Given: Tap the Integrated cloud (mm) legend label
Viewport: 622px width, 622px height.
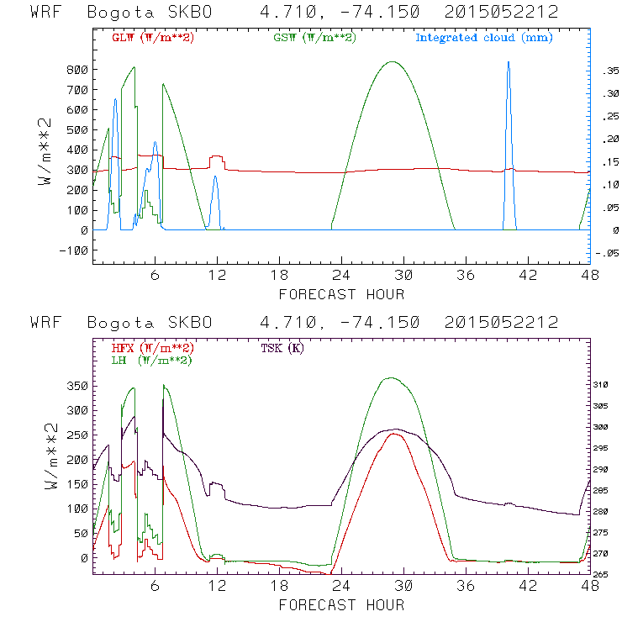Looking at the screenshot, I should (484, 38).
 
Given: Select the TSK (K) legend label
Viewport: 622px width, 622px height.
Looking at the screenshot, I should (284, 348).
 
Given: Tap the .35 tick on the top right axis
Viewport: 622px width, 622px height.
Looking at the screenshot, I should (605, 73).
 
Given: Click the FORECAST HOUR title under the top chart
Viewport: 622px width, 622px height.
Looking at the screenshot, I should (341, 294).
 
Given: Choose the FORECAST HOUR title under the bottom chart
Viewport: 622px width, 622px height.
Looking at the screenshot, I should (341, 604).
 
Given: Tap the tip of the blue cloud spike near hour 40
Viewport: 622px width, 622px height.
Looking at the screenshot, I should (508, 62).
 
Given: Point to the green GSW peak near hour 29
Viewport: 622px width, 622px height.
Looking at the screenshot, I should (392, 61).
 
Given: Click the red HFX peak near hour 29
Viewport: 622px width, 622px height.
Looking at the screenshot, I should (393, 434).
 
